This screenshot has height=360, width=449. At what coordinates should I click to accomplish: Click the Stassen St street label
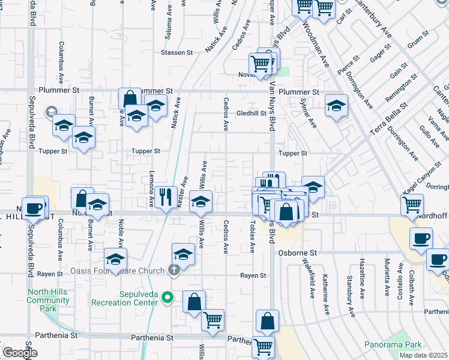[176, 53]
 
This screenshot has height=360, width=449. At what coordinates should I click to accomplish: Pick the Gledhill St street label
[251, 113]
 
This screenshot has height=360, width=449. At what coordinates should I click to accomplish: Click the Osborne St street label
[297, 253]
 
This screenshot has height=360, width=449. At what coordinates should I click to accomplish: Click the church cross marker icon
[174, 269]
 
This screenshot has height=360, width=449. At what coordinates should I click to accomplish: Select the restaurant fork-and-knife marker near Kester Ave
[166, 196]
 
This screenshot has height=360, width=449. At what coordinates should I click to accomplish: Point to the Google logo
[20, 353]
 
